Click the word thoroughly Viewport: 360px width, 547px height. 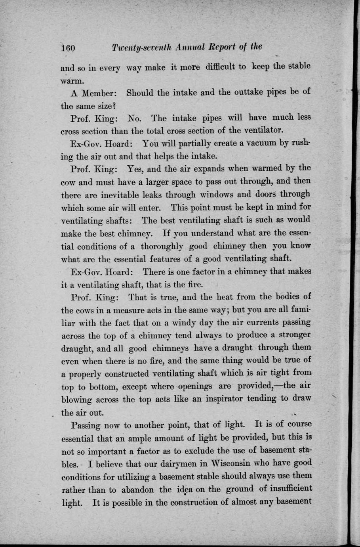pos(156,246)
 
